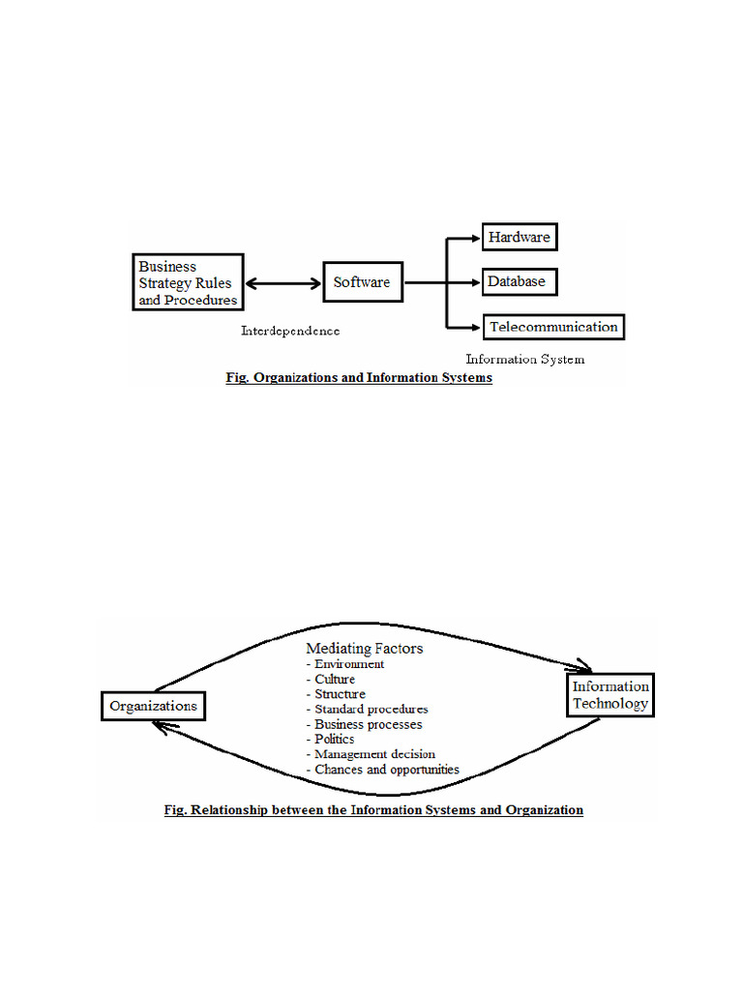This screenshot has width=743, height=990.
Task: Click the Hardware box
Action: click(x=520, y=237)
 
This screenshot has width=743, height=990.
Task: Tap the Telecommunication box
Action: click(x=553, y=327)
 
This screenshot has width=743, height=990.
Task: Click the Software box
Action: click(x=362, y=282)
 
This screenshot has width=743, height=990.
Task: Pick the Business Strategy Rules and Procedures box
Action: click(x=188, y=282)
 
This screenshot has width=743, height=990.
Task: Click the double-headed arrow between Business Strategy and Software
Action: click(x=282, y=283)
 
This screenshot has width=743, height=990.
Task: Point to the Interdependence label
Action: click(x=290, y=331)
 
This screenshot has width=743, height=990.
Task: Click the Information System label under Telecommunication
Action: click(x=524, y=359)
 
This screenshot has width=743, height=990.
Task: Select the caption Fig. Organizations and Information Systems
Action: click(x=359, y=378)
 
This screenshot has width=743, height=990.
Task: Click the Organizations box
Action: click(x=153, y=706)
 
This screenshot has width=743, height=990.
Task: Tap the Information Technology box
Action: click(x=609, y=695)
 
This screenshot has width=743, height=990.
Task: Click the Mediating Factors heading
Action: click(x=364, y=649)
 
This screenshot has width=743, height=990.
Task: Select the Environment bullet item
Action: click(x=345, y=664)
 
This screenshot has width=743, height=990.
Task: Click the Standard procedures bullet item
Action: click(x=367, y=709)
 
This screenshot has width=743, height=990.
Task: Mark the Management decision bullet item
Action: click(x=371, y=754)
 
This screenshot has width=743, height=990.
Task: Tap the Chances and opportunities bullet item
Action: click(x=382, y=770)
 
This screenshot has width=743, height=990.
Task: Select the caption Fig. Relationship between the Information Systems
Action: click(x=372, y=809)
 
